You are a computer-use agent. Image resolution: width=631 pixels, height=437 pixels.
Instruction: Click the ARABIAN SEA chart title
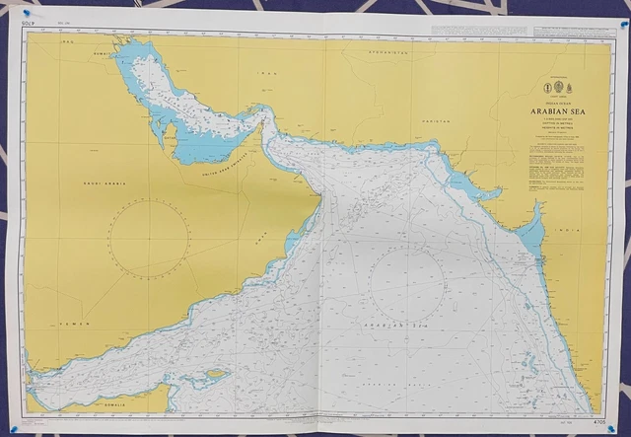(x=553, y=111)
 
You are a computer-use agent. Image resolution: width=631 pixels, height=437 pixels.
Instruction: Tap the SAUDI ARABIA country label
(x=103, y=182)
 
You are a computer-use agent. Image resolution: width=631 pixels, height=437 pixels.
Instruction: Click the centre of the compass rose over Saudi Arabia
(x=149, y=235)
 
